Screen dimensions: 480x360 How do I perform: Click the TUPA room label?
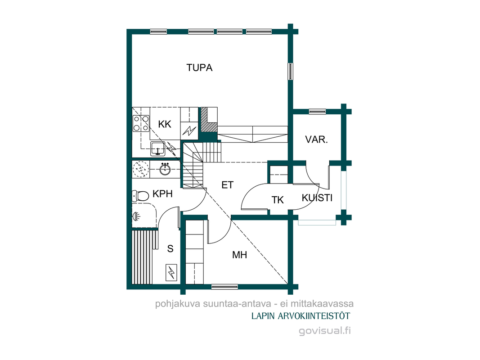pos(199,67)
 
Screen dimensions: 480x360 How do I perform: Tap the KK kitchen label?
pos(165,124)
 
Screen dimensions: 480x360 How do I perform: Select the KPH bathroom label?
pos(162,194)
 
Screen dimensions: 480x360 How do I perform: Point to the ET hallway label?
pos(228,185)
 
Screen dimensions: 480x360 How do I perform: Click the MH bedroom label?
pos(239,255)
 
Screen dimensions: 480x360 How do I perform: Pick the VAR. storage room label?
pos(317,139)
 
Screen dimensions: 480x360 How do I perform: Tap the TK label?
pos(278,200)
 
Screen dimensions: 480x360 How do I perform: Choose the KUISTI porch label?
pos(317,198)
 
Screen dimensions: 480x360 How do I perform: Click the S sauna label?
pos(170,248)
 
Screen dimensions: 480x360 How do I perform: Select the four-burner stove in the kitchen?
pos(141,123)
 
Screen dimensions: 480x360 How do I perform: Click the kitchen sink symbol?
pos(157,149)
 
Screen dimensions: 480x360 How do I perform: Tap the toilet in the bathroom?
pos(140,196)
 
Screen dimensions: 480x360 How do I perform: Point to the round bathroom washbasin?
pos(165,169)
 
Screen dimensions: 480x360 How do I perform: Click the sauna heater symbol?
pos(171,272)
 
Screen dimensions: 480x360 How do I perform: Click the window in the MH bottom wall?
pos(224,287)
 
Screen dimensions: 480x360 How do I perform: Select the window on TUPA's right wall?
pos(290,72)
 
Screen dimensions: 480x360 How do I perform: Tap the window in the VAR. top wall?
pos(317,112)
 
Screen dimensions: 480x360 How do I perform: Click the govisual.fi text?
pos(325,331)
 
